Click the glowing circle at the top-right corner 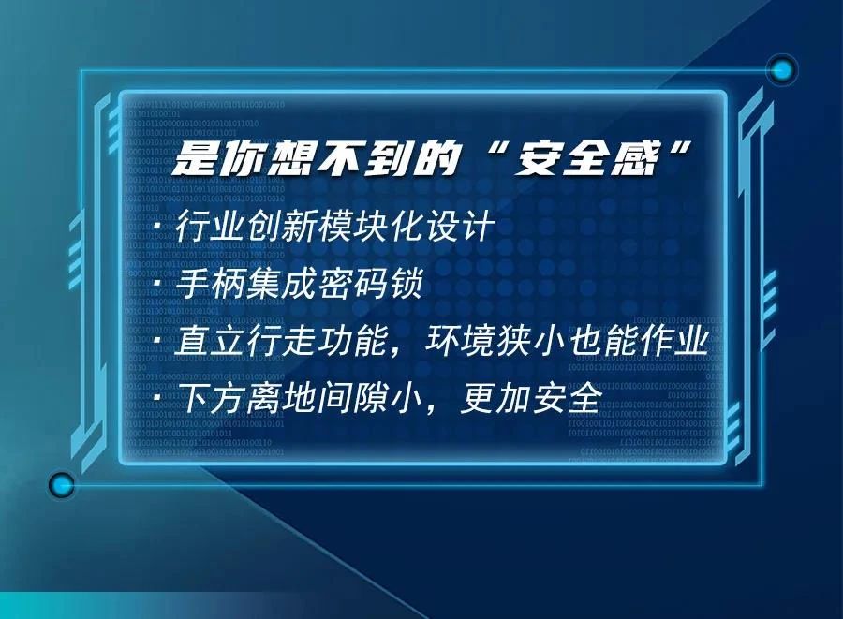pos(782,70)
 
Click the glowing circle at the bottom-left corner pos(61,485)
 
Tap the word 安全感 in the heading pos(587,159)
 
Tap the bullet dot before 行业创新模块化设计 pos(158,227)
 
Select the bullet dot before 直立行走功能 pos(158,341)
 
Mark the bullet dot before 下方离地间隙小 pos(158,398)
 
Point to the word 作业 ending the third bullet pos(674,341)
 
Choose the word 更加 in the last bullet pos(495,398)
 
